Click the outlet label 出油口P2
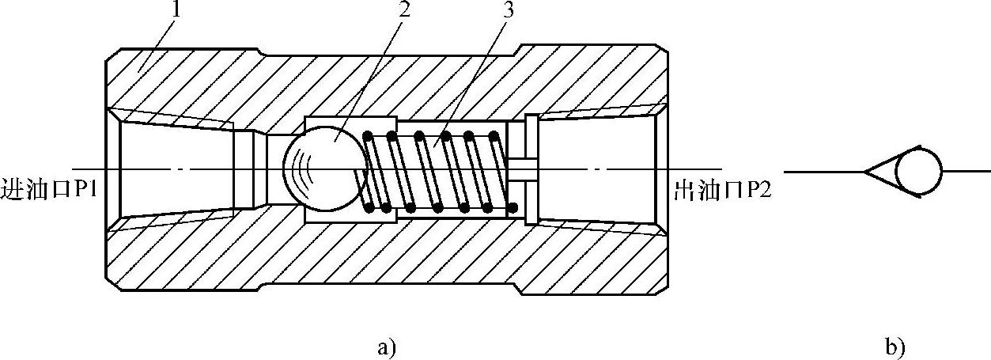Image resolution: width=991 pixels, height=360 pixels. click(721, 191)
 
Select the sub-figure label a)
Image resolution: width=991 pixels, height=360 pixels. click(385, 347)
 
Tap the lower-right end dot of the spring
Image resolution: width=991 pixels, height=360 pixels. click(513, 208)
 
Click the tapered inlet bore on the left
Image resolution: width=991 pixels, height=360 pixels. click(174, 170)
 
